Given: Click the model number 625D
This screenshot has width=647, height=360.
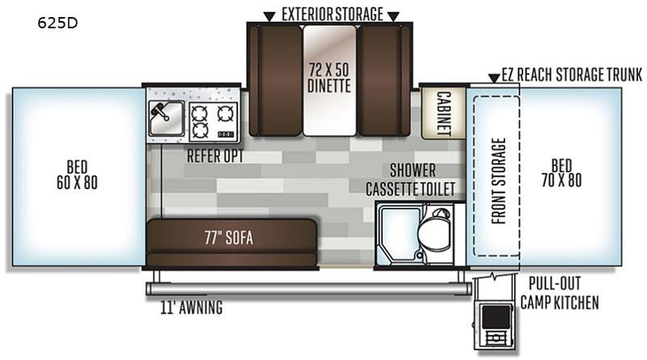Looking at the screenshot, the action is pos(57,23).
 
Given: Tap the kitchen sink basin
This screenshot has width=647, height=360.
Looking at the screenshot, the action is pos(167,118).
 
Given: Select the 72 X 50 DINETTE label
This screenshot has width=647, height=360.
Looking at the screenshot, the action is pos(329,77).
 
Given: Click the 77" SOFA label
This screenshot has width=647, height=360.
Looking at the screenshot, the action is pos(229,238).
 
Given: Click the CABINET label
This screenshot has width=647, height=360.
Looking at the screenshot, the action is pos(443,113).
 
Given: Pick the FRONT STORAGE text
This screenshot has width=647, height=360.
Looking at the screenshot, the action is pos(498,181).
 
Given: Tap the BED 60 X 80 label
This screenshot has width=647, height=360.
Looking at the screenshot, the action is pos(77,175).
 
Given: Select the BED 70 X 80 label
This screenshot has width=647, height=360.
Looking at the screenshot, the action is pos(561,173).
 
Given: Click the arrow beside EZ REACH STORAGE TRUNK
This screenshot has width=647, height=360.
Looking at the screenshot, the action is pos(494,78).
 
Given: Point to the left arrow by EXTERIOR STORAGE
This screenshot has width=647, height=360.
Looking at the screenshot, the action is pos(269,16).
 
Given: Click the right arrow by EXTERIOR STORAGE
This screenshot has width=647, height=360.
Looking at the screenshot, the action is pos(393,16).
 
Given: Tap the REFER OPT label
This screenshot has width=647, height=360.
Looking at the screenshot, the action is pos(215,156).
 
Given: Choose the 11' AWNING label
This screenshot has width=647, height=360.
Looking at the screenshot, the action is pos(192,307).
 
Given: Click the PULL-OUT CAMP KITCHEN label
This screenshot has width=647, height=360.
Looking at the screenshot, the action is pos(559,293).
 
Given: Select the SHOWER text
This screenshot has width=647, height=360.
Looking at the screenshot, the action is pos(412,170).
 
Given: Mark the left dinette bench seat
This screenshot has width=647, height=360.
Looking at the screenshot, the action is pos(276,80).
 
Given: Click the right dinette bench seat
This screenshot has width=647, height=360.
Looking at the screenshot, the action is pos(383,80).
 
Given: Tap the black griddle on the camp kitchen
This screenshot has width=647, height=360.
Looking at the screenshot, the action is pos(496,317).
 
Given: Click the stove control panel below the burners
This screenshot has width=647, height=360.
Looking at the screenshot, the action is pos(226,134).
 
